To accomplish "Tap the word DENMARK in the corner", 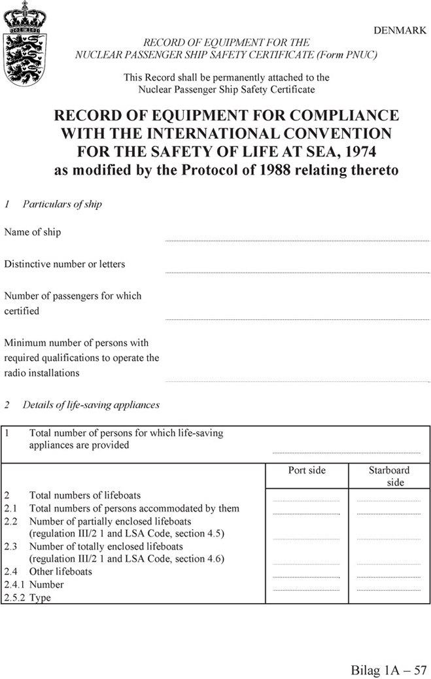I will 399,31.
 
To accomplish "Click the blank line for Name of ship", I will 298,240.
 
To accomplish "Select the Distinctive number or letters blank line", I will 298,272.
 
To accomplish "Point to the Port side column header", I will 307,470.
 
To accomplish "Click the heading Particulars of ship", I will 62,204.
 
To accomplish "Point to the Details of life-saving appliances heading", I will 91,405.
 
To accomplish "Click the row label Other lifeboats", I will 61,572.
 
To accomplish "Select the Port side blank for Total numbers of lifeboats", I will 307,500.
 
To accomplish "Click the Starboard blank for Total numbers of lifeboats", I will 388,500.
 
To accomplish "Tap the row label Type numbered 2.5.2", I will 40,598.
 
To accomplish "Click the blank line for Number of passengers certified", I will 298,319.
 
